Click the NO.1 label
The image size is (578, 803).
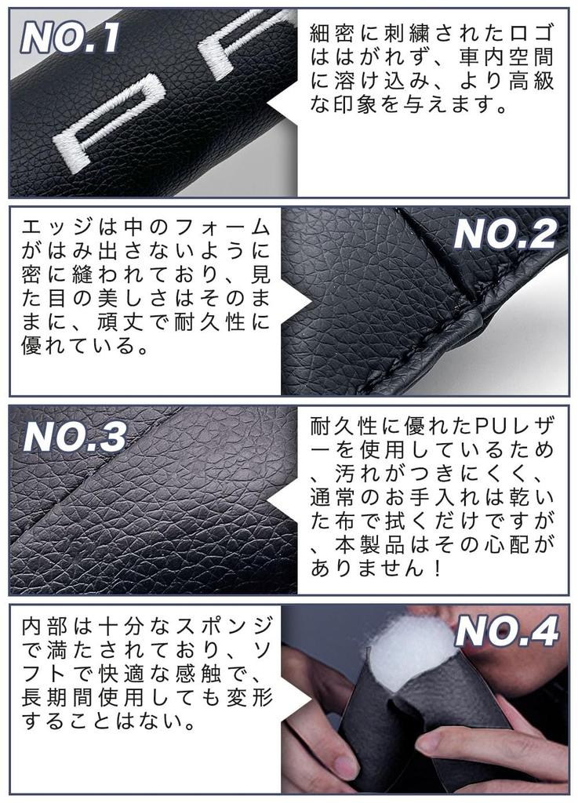click(71, 37)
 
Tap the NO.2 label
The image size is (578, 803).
click(504, 234)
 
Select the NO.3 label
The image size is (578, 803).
click(75, 437)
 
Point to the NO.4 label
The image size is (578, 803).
click(506, 631)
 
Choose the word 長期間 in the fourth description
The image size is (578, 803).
click(60, 697)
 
